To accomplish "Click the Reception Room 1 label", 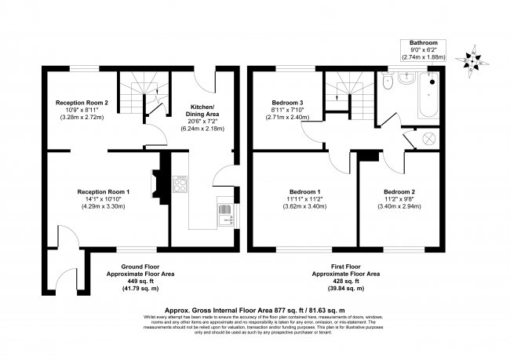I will [x=103, y=191].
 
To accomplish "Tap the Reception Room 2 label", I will [x=82, y=102].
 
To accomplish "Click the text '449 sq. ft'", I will [x=140, y=281].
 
